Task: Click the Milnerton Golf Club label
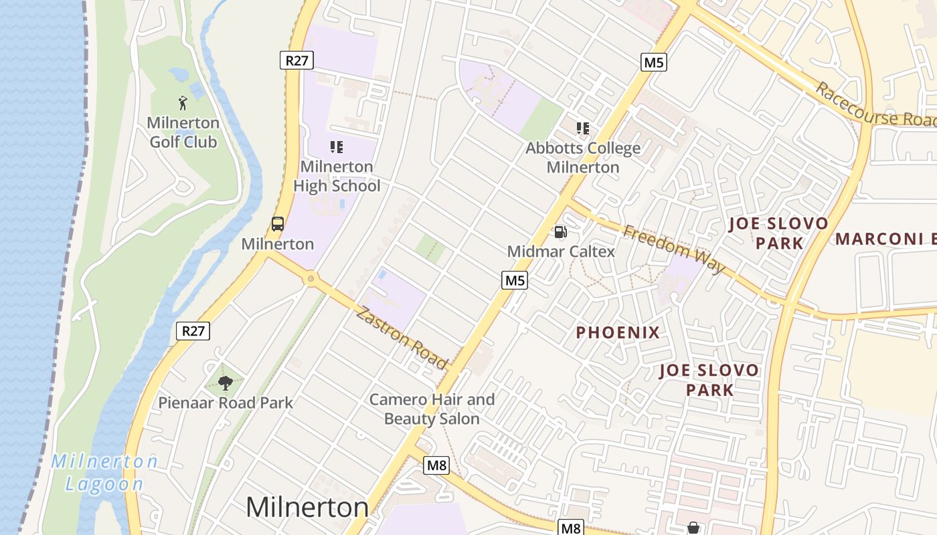(x=183, y=132)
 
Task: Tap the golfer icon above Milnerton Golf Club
(x=183, y=103)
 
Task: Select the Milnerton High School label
(x=337, y=176)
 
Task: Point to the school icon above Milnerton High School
(x=337, y=146)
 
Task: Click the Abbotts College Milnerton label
(x=583, y=157)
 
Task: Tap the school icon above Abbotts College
(x=583, y=128)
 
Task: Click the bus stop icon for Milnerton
(x=278, y=224)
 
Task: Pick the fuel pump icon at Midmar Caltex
(x=560, y=232)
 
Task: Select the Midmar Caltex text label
(x=561, y=251)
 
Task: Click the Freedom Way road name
(x=674, y=249)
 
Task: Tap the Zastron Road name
(x=401, y=338)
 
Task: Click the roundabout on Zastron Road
(x=310, y=278)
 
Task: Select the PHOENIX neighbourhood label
(x=618, y=332)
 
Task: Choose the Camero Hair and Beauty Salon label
(x=432, y=409)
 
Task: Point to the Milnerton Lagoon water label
(x=104, y=473)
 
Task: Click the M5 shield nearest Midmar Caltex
(x=515, y=280)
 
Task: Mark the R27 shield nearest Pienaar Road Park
(x=193, y=330)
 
